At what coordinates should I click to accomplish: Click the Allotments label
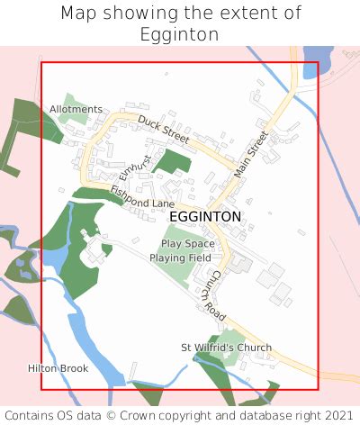point(76,109)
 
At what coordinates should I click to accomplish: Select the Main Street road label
point(251,154)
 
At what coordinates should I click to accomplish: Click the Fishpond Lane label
point(141,197)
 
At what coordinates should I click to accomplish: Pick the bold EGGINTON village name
point(205,217)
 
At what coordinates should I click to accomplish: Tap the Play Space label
point(188,244)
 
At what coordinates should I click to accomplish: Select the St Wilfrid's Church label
point(226,348)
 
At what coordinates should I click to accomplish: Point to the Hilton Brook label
point(58,368)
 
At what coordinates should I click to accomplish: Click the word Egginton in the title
point(179,34)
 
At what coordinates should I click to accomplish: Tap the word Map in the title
point(78,14)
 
